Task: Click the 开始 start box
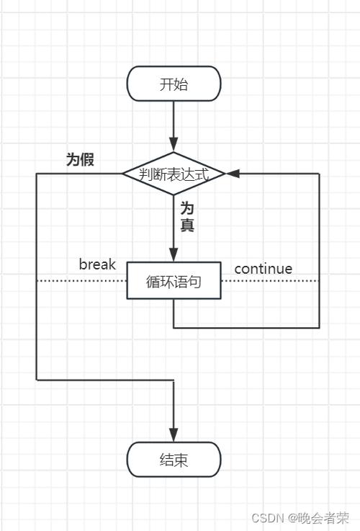174,84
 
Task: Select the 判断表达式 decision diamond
174,174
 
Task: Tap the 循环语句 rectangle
174,281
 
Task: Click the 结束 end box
174,460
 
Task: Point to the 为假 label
80,160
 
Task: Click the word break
97,264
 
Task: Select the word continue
264,269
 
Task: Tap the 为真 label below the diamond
187,216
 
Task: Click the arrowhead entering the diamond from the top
174,146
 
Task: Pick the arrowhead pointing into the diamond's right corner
233,174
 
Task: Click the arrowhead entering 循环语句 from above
174,256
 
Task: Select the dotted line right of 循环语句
269,280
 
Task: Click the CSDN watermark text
266,517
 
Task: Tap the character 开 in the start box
166,84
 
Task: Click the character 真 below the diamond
187,225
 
